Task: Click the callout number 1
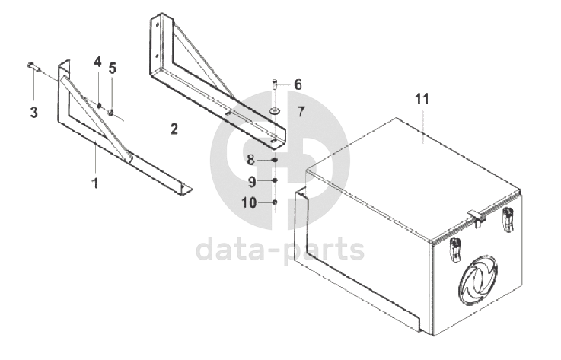pos(95,183)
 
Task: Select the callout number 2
pos(174,129)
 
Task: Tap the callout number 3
pos(33,113)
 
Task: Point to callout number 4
pos(97,62)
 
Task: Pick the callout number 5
pos(113,68)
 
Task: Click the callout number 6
pos(298,84)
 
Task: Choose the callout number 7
pos(301,112)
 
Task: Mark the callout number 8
pos(250,160)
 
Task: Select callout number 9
pos(252,182)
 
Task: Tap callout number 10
pos(249,203)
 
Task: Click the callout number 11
pos(422,99)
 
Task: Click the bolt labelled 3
pos(33,66)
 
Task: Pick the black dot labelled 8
pos(275,160)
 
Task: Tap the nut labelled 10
pos(275,202)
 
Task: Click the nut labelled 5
pos(111,113)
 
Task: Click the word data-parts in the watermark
pos(280,250)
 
